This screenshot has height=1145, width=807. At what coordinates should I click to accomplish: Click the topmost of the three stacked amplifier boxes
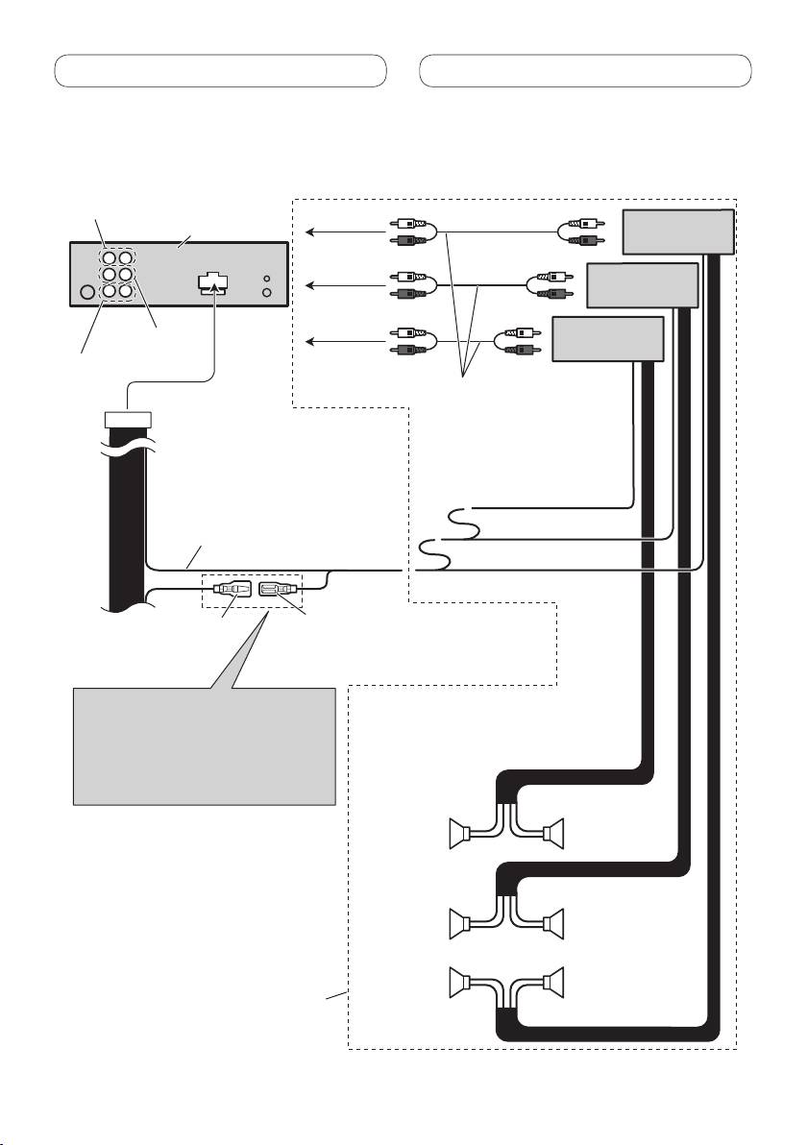tap(678, 231)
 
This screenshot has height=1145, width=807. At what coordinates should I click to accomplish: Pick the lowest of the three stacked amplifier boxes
tap(608, 339)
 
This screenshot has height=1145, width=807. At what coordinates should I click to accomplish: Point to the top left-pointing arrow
tap(341, 231)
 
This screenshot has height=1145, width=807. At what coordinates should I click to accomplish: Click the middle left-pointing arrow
tap(341, 285)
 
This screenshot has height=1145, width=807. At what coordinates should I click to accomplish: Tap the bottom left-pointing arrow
tap(341, 340)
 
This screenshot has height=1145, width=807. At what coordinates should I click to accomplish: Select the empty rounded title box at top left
tap(220, 71)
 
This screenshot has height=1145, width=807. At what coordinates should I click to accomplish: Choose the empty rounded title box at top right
tap(586, 71)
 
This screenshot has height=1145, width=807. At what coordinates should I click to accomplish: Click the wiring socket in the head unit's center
tap(214, 283)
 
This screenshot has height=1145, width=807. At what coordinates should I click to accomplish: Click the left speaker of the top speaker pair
tap(464, 833)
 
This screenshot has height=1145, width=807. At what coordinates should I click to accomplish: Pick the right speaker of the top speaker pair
tap(553, 833)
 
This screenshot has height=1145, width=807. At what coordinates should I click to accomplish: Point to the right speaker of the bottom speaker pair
tap(553, 985)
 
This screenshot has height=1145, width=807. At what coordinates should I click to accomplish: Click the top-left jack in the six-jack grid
tap(111, 258)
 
